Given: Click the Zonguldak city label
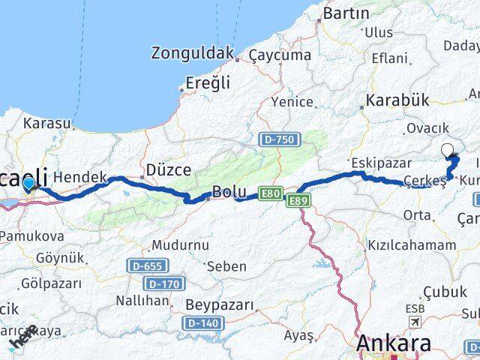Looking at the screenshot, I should pos(192,53).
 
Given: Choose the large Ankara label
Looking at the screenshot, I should pos(394,344).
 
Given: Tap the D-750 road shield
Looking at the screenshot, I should pos(281,139).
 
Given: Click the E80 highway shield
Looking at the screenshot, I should pos(271,194).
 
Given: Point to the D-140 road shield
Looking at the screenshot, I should pos(202,322).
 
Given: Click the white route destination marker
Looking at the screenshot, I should pos(448,149).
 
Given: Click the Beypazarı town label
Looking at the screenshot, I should pos(219,305).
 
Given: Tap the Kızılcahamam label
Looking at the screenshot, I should pos(412,244).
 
